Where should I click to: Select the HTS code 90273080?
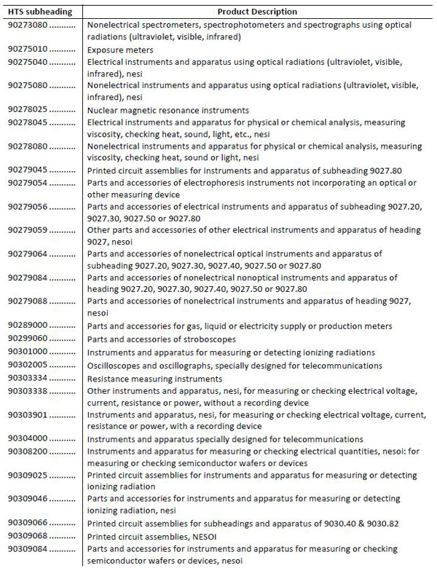28,25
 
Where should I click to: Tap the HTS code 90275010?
28,50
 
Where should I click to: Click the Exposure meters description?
120,50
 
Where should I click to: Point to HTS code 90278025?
28,110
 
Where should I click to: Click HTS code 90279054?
28,182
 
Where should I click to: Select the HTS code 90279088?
28,301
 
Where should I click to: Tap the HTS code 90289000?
28,326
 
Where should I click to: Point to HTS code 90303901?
28,415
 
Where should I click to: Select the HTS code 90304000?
28,439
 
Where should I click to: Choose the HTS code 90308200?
28,451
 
